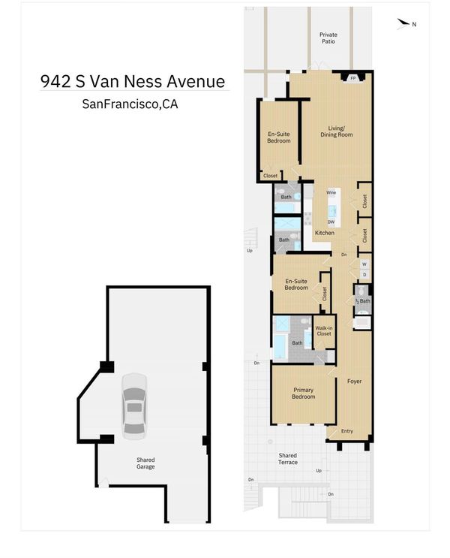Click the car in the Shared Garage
pos(134,406)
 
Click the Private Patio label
pos(328,38)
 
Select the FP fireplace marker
pos(353,78)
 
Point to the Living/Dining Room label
pos(336,131)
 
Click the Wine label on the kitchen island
pos(331,192)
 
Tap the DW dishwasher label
pos(331,222)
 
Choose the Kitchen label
pos(325,233)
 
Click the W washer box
pos(364,264)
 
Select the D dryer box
pos(364,275)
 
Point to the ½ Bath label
pos(363,301)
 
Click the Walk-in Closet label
pos(324,331)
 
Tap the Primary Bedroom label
pos(303,394)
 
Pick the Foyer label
pos(355,381)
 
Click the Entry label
pos(347,431)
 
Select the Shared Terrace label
pos(288,459)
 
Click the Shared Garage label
pos(145,463)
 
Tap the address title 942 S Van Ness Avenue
pos(133,82)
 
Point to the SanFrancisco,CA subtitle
pos(130,104)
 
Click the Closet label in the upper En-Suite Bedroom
pos(270,176)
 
